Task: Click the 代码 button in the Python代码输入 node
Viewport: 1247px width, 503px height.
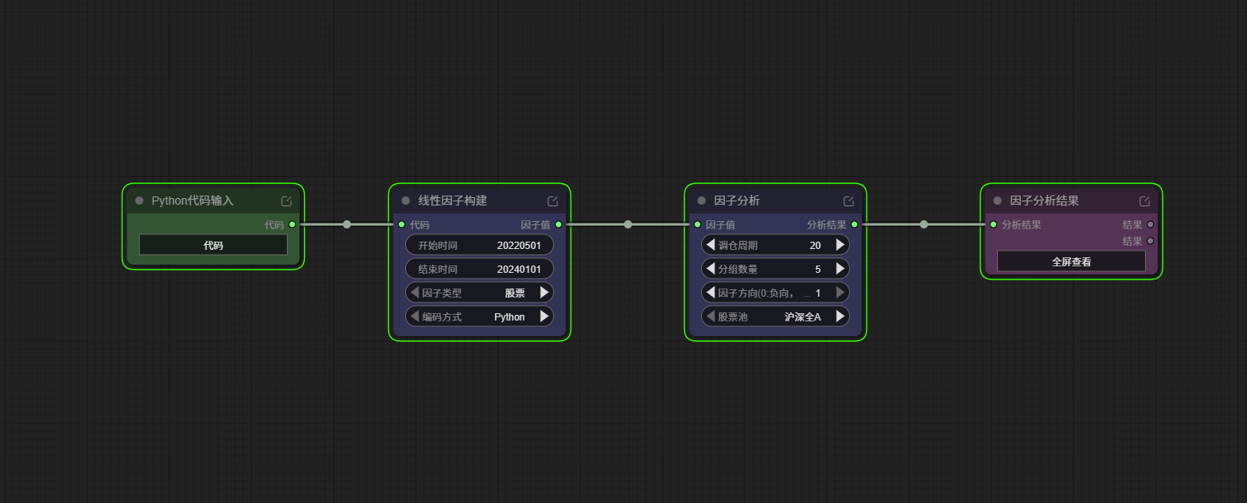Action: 213,246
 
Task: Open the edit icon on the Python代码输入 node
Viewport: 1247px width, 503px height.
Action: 287,201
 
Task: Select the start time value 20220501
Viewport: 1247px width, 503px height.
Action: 519,246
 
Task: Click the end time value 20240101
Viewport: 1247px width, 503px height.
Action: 519,270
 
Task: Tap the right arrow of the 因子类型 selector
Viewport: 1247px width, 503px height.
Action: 544,293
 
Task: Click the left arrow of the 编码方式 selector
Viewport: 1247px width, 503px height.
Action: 415,316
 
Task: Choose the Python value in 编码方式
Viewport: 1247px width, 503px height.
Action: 510,316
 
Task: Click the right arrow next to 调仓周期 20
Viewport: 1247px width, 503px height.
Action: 840,245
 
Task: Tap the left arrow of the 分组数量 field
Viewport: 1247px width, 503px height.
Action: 710,269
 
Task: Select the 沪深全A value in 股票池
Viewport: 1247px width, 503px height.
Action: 803,316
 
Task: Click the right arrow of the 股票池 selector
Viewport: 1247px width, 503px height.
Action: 840,316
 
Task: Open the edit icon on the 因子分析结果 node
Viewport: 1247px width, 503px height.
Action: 1144,201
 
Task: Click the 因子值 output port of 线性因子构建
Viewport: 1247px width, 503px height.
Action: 559,225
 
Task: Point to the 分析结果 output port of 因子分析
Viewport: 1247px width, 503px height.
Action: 855,225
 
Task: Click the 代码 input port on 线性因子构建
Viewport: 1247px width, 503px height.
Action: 402,225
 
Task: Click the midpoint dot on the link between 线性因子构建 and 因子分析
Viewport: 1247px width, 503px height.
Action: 628,225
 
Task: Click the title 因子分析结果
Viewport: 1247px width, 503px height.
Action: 1044,201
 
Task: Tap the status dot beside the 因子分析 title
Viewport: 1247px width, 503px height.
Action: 701,201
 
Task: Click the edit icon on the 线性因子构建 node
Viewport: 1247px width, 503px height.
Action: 552,201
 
